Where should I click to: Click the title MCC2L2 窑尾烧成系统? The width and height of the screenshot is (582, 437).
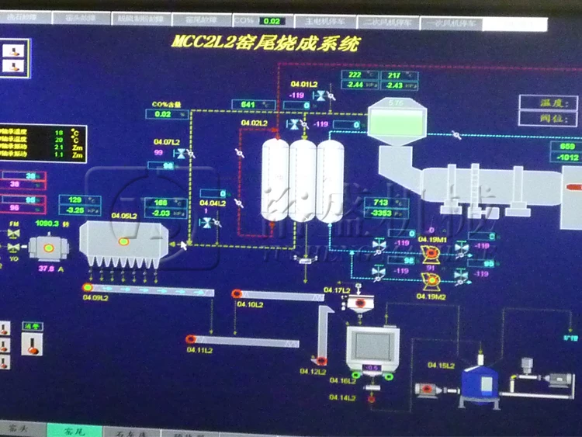265,43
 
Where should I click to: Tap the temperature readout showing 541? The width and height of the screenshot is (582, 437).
249,105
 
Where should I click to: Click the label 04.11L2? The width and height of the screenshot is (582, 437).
199,350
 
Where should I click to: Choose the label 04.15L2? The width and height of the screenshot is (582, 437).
442,365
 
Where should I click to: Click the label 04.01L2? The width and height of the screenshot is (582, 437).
304,84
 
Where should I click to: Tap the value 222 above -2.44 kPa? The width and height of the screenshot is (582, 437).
356,75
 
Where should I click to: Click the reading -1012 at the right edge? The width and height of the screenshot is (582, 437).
566,158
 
